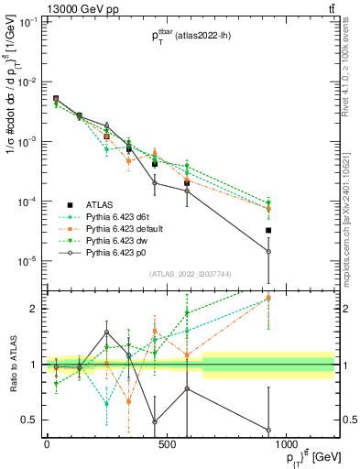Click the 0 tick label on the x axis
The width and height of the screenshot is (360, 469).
(47, 446)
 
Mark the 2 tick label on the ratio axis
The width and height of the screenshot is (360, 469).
(32, 309)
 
